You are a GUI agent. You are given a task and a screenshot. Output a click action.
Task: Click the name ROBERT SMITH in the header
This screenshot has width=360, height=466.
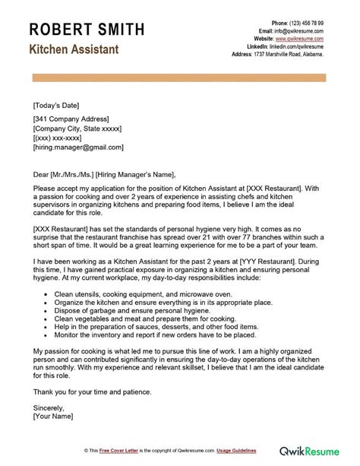[x=87, y=30]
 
